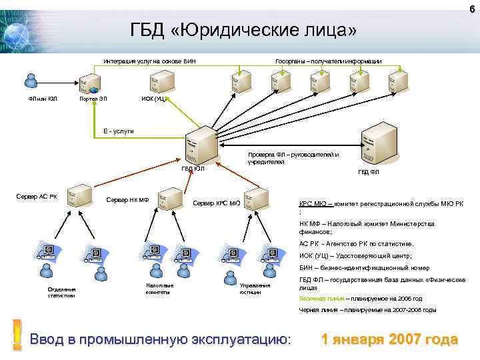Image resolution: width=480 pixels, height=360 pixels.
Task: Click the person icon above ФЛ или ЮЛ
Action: [x=30, y=80]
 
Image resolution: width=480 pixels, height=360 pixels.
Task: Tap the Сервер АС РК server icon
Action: [x=80, y=194]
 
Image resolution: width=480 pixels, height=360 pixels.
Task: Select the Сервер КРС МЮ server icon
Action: [x=255, y=198]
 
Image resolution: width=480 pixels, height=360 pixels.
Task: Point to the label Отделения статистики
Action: [x=62, y=292]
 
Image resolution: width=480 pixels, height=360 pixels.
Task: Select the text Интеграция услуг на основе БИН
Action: [x=149, y=61]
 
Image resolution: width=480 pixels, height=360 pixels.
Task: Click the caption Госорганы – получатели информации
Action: [x=329, y=61]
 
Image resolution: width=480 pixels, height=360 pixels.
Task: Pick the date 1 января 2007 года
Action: [x=389, y=339]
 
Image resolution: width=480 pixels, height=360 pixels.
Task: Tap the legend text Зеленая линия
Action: [x=318, y=299]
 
